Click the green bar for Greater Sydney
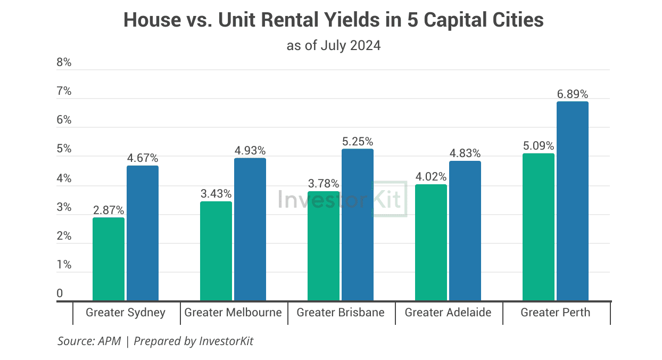coord(109,259)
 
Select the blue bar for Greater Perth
coord(573,201)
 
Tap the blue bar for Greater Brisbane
coord(358,225)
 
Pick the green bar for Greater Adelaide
coord(431,242)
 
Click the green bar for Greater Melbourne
coord(216,251)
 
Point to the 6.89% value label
coord(573,94)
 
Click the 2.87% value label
coord(109,210)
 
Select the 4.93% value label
coord(250,151)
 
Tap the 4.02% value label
coord(431,177)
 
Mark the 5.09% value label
coord(539,146)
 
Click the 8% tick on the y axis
coord(64,62)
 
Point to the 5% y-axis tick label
coord(64,149)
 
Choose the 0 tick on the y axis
coord(60,293)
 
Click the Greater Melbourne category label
coord(233,313)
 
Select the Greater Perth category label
coord(556,313)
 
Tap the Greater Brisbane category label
coord(341,313)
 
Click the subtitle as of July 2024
coord(334,45)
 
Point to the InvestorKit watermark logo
coord(342,199)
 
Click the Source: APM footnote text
coord(89,341)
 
